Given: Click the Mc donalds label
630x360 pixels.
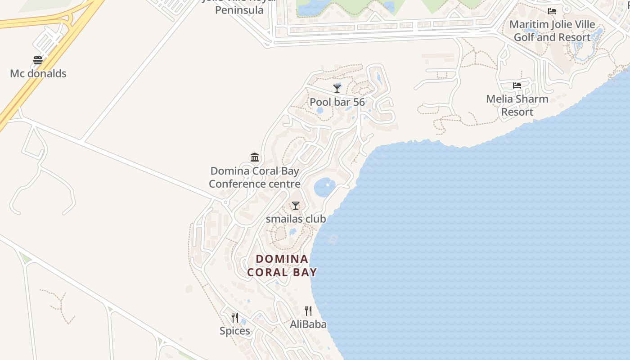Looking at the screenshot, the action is point(38,73).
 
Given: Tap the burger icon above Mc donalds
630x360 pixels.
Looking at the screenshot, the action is point(38,60).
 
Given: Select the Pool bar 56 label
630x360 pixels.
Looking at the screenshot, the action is point(337,102).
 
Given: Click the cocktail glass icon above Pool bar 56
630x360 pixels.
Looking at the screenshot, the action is point(337,88).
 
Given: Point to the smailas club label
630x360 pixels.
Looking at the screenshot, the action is point(296,219).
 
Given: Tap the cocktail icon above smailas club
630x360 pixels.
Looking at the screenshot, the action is point(295,206).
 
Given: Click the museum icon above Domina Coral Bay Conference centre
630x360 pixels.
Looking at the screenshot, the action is point(255,157).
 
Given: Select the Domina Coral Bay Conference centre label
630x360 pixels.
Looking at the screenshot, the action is point(255,177).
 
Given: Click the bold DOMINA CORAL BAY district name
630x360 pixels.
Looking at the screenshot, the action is point(282,265).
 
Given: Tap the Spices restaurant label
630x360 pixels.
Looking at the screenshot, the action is point(235,331).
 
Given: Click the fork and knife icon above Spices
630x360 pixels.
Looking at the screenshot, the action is point(235,318).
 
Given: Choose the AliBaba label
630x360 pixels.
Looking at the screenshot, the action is point(308,324).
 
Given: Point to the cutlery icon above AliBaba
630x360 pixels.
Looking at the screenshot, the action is point(308,311).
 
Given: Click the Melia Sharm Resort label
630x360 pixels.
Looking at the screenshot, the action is point(517,105).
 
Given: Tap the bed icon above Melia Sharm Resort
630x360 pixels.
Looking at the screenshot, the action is point(517,85).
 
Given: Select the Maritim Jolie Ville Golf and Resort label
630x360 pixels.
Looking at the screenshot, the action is point(552,31).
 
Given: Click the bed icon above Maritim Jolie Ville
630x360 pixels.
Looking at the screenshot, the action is point(552,11).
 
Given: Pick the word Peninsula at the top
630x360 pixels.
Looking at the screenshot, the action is point(239,10).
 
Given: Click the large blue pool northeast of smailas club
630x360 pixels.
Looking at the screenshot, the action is point(324,187).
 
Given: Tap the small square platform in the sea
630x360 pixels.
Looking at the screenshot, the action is point(333,239).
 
